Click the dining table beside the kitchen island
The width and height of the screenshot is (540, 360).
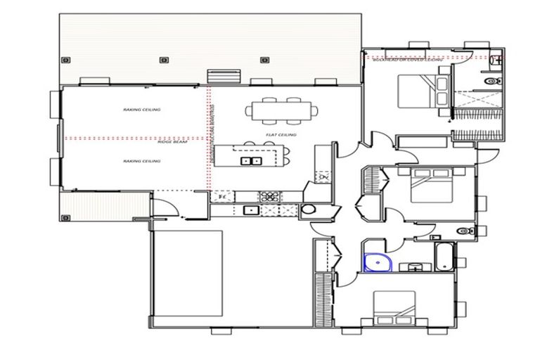pyautogui.click(x=281, y=110)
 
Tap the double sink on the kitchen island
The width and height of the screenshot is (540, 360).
pyautogui.click(x=251, y=161)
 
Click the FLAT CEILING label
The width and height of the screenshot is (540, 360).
pyautogui.click(x=281, y=135)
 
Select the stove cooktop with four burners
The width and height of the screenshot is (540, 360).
pyautogui.click(x=269, y=196)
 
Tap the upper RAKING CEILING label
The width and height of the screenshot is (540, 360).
pyautogui.click(x=141, y=110)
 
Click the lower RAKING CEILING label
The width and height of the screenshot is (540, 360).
pyautogui.click(x=141, y=162)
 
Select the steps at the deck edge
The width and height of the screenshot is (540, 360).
pyautogui.click(x=225, y=74)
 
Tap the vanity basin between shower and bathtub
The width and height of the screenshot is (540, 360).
pyautogui.click(x=413, y=266)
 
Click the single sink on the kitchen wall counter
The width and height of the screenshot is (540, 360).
pyautogui.click(x=249, y=210)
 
